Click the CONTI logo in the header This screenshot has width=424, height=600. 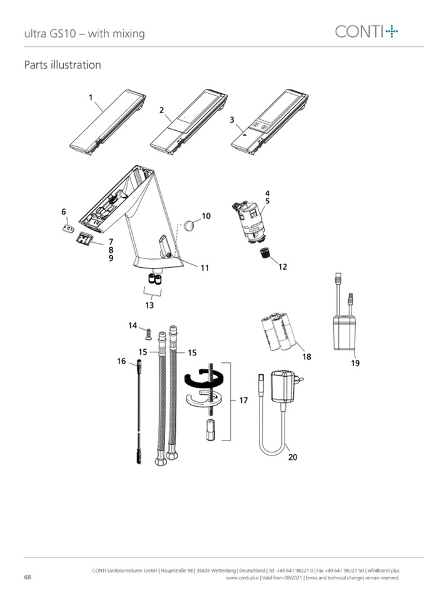pyautogui.click(x=366, y=31)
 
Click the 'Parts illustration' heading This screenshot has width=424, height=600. pyautogui.click(x=63, y=64)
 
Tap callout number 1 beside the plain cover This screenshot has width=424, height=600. pyautogui.click(x=91, y=98)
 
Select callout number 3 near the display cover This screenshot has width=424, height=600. pyautogui.click(x=231, y=119)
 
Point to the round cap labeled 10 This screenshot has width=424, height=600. pyautogui.click(x=189, y=225)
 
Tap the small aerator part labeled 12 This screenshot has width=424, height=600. pyautogui.click(x=265, y=253)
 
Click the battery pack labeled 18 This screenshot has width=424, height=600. pyautogui.click(x=278, y=332)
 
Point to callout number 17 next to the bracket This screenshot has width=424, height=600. pyautogui.click(x=243, y=400)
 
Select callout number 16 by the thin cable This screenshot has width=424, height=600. pyautogui.click(x=121, y=361)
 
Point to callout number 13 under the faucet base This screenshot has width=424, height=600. pyautogui.click(x=149, y=305)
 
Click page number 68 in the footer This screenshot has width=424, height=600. pyautogui.click(x=28, y=577)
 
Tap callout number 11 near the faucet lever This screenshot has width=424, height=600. pyautogui.click(x=205, y=268)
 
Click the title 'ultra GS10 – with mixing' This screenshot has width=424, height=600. pyautogui.click(x=84, y=34)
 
